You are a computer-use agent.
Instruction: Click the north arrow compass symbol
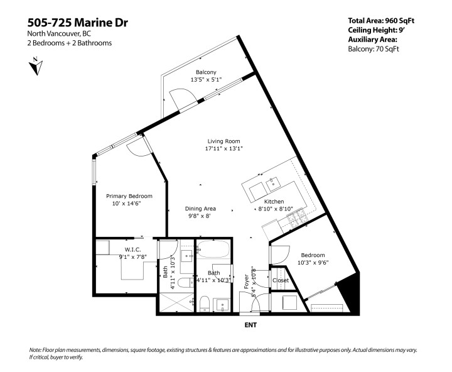pyautogui.click(x=35, y=65)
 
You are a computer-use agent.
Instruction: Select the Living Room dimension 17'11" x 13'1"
pyautogui.click(x=223, y=149)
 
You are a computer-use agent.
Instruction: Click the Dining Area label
pyautogui.click(x=201, y=208)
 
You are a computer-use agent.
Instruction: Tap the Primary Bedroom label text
pyautogui.click(x=129, y=196)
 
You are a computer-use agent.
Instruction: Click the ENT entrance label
pyautogui.click(x=250, y=325)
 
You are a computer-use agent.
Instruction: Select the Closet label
pyautogui.click(x=280, y=280)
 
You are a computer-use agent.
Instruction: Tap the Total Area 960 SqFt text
pyautogui.click(x=382, y=20)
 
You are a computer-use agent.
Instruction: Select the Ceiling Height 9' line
pyautogui.click(x=376, y=30)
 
